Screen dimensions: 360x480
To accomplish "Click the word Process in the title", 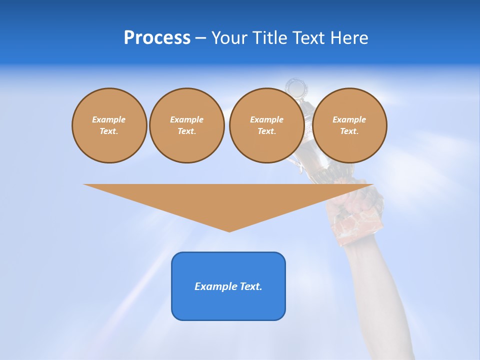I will (157, 38).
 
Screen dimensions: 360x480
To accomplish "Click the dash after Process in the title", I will (200, 38).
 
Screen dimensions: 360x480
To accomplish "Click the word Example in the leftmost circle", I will (109, 119).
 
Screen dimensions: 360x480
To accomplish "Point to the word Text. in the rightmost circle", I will (349, 131).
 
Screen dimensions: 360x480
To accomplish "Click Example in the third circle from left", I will (266, 119).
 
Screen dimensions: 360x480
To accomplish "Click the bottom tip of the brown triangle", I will (229, 230).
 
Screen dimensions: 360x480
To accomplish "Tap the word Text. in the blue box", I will (251, 286).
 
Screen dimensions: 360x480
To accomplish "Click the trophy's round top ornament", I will (296, 88).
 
